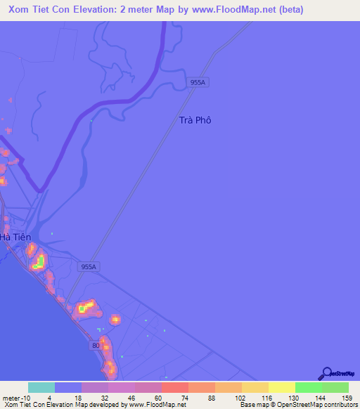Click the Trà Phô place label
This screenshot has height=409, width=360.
[x=195, y=120]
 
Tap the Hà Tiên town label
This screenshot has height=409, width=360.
[x=15, y=238]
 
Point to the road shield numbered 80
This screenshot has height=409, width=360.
[x=96, y=346]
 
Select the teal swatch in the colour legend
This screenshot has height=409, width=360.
[x=41, y=387]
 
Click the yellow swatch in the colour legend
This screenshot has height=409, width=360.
[x=282, y=387]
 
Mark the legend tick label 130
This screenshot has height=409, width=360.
[x=282, y=397]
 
